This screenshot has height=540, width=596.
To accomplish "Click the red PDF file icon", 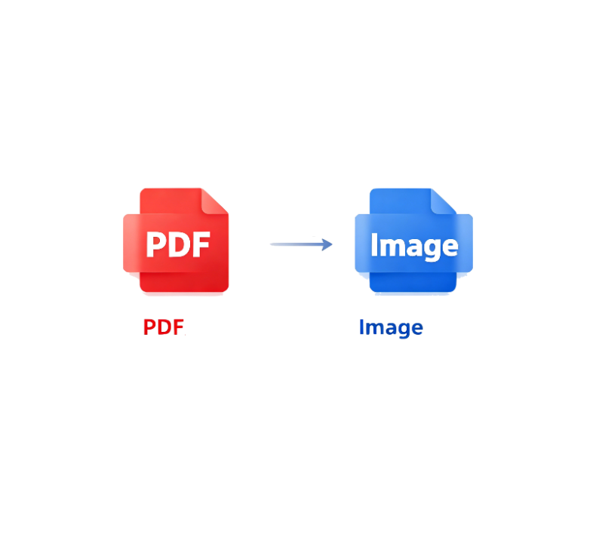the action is [176, 241].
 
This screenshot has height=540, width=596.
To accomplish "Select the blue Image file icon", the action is [414, 241].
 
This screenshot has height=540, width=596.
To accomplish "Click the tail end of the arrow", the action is [271, 244].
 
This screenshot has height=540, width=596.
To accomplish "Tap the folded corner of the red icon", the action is [215, 201].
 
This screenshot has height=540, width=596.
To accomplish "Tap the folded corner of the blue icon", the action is [444, 201].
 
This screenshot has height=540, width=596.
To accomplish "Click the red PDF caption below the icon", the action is [164, 327].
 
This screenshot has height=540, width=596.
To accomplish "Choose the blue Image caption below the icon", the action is [391, 328].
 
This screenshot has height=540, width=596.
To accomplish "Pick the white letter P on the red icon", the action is [157, 244].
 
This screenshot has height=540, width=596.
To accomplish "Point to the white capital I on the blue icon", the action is [374, 244].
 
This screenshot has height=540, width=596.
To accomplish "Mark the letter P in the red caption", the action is [150, 327].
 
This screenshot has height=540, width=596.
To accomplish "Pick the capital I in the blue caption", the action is [361, 327].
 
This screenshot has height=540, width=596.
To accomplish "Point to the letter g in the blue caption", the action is [404, 330].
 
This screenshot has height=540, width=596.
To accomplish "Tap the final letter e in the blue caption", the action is [417, 329].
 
